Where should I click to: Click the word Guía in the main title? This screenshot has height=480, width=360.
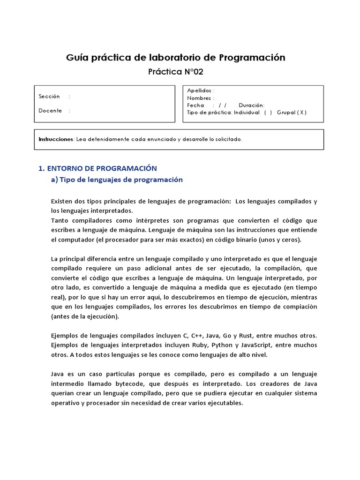coord(76,58)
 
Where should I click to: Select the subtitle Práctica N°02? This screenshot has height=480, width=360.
coord(176,72)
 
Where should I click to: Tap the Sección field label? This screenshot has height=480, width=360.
coord(50,97)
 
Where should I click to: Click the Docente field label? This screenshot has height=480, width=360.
coord(50,111)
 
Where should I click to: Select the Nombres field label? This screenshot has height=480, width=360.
coord(199,98)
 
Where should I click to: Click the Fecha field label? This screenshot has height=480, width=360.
coord(195,105)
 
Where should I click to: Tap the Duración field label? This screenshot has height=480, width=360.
coord(251,105)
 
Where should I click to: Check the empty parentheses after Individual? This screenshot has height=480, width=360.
coord(268,112)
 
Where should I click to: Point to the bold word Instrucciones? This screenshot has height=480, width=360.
coord(56,139)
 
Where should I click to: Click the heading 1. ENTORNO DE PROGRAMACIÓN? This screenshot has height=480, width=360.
coord(97,168)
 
